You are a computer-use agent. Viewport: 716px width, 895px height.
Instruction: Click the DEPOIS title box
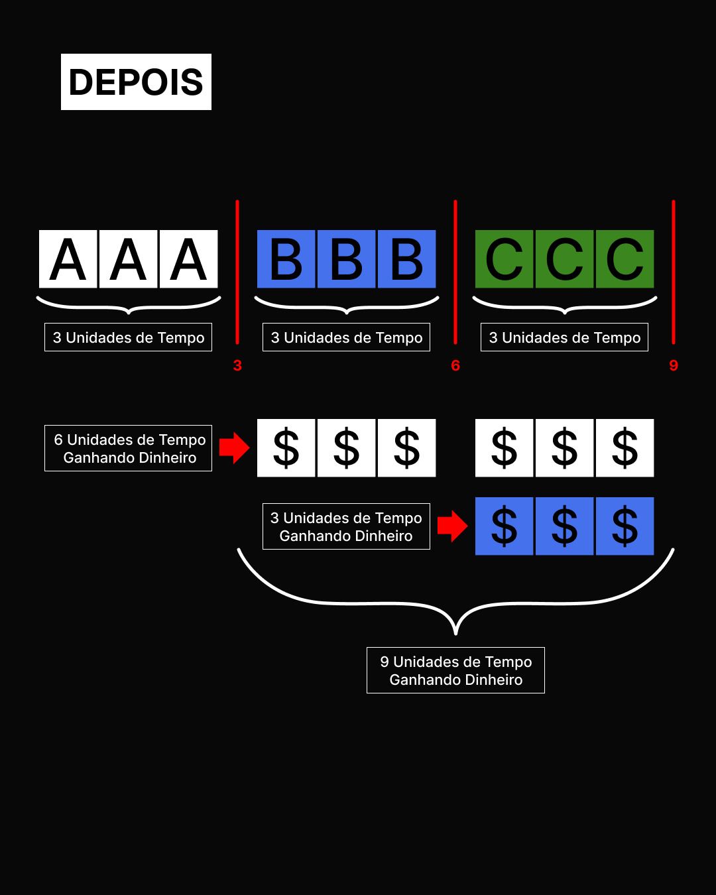click(x=136, y=82)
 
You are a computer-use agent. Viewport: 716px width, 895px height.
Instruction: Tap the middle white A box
click(x=128, y=259)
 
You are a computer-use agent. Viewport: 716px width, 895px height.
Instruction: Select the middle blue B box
click(x=346, y=259)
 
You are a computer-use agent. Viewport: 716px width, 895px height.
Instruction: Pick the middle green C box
click(x=564, y=259)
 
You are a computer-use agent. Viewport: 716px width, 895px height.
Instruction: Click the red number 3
click(x=237, y=365)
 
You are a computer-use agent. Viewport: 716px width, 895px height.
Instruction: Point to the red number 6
click(x=455, y=365)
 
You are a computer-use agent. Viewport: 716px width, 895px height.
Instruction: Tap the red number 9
click(x=674, y=365)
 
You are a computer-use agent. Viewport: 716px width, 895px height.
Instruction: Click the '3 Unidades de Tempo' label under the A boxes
click(x=128, y=337)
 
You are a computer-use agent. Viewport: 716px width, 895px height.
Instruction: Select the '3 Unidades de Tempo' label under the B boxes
click(x=346, y=337)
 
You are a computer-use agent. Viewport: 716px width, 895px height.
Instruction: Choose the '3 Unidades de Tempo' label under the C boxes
click(x=564, y=337)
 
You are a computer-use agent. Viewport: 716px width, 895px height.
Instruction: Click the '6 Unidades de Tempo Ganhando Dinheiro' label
click(x=128, y=448)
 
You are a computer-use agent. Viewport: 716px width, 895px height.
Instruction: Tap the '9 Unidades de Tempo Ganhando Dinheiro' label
click(x=455, y=670)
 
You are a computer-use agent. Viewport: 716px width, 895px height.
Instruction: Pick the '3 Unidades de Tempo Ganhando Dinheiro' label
click(x=346, y=526)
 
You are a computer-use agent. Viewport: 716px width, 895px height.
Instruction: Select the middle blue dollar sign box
click(x=564, y=526)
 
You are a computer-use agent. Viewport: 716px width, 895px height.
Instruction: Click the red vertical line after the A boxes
click(x=237, y=272)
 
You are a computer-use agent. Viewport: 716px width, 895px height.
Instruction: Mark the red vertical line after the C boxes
click(x=674, y=272)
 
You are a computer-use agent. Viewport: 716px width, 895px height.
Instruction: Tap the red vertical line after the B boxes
click(x=455, y=272)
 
